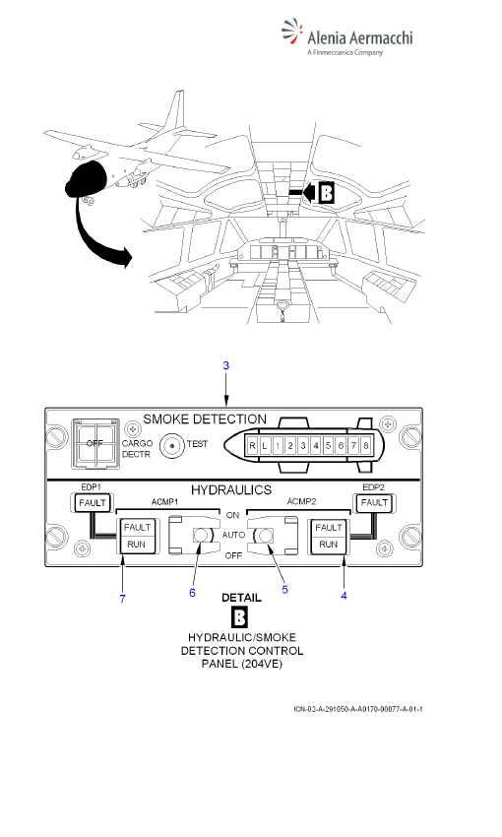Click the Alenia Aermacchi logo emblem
coord(291,32)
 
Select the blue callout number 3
coord(226,365)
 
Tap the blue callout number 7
coord(123,599)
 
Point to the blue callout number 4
coord(345,596)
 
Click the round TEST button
coord(172,446)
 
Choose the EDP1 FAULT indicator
coord(93,503)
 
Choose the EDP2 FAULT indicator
coord(374,503)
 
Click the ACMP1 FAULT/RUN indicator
coord(137,536)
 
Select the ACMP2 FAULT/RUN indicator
coord(328,536)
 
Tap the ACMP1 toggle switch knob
coord(202,535)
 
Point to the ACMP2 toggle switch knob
coord(265,535)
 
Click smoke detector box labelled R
coord(252,446)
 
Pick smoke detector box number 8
coord(365,446)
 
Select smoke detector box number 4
coord(316,446)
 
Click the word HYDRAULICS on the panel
coord(231,490)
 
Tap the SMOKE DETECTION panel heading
coord(205,419)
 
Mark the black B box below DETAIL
coord(239,618)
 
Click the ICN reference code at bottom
coord(358,709)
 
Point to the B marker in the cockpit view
coord(326,193)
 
